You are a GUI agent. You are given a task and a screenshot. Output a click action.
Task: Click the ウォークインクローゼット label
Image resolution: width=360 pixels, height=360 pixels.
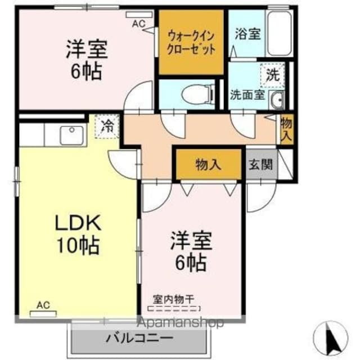[x=191, y=42]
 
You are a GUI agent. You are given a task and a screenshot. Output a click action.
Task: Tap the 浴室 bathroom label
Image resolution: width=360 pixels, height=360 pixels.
[x=247, y=34]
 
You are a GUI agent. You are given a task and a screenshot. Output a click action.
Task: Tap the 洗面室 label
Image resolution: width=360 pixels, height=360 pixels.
[x=247, y=94]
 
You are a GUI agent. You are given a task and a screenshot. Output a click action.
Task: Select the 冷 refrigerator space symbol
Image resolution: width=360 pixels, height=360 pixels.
[x=106, y=126]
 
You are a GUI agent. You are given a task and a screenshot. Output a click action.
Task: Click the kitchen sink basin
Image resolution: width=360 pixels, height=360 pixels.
[x=72, y=136]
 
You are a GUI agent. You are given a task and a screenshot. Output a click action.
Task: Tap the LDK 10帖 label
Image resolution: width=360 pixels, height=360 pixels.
[x=77, y=233]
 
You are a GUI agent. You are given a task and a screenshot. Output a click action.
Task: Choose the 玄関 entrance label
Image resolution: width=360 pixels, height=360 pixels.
[x=261, y=165]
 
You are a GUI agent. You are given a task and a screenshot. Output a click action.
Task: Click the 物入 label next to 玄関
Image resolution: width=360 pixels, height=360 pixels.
[x=208, y=164]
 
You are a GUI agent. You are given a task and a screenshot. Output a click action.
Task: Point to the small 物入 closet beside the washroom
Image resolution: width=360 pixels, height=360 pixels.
[x=286, y=129]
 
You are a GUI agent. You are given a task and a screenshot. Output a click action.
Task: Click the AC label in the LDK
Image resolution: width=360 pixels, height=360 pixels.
[x=43, y=305]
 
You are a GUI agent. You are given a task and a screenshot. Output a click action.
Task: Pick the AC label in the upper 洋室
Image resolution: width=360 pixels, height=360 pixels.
[x=138, y=24]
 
